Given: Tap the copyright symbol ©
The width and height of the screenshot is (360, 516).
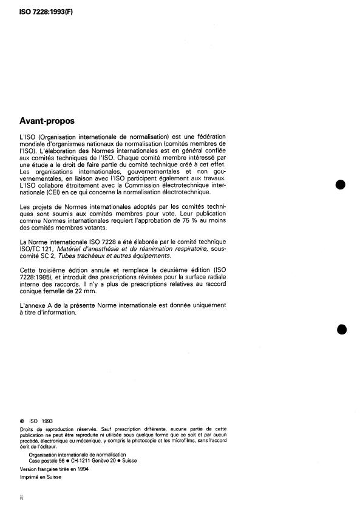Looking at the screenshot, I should [x=22, y=419].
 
